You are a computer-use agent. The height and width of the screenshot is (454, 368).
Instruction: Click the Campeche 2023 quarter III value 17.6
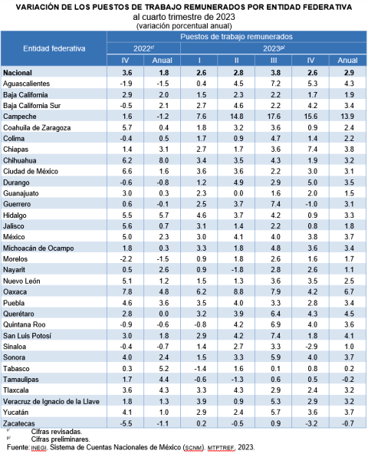pyautogui.click(x=274, y=117)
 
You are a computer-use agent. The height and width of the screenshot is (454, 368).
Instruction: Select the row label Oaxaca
pyautogui.click(x=15, y=292)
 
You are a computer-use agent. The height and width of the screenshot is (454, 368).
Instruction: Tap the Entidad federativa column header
pyautogui.click(x=54, y=48)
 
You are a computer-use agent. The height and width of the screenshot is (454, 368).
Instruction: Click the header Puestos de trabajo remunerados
pyautogui.click(x=236, y=37)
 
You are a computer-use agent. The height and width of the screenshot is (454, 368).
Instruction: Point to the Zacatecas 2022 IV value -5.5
pyautogui.click(x=126, y=423)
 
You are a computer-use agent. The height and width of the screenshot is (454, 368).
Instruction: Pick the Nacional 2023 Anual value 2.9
pyautogui.click(x=349, y=73)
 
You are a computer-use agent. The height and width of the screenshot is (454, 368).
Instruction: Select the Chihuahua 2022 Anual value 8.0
pyautogui.click(x=164, y=160)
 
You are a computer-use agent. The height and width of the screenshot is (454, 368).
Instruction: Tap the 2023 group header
pyautogui.click(x=274, y=48)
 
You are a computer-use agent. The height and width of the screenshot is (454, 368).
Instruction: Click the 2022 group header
pyautogui.click(x=143, y=48)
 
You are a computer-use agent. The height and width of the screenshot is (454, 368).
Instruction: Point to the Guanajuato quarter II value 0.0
pyautogui.click(x=238, y=193)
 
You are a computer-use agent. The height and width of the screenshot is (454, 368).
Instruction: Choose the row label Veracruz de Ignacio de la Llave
pyautogui.click(x=51, y=401)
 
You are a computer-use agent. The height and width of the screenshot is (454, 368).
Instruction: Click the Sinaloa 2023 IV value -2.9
pyautogui.click(x=311, y=347)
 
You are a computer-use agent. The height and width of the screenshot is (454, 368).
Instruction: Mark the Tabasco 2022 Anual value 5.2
pyautogui.click(x=164, y=369)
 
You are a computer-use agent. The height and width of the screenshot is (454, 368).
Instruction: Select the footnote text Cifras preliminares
pyautogui.click(x=61, y=439)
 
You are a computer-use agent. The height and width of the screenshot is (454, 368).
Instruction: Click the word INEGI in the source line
pyautogui.click(x=38, y=448)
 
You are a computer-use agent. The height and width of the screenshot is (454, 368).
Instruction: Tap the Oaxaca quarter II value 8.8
pyautogui.click(x=238, y=292)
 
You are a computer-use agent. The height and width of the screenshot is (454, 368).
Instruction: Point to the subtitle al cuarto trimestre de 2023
pyautogui.click(x=184, y=17)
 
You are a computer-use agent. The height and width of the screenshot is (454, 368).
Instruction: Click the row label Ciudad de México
pyautogui.click(x=31, y=172)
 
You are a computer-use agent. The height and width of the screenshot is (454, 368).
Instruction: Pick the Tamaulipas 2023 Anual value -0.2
pyautogui.click(x=348, y=380)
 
